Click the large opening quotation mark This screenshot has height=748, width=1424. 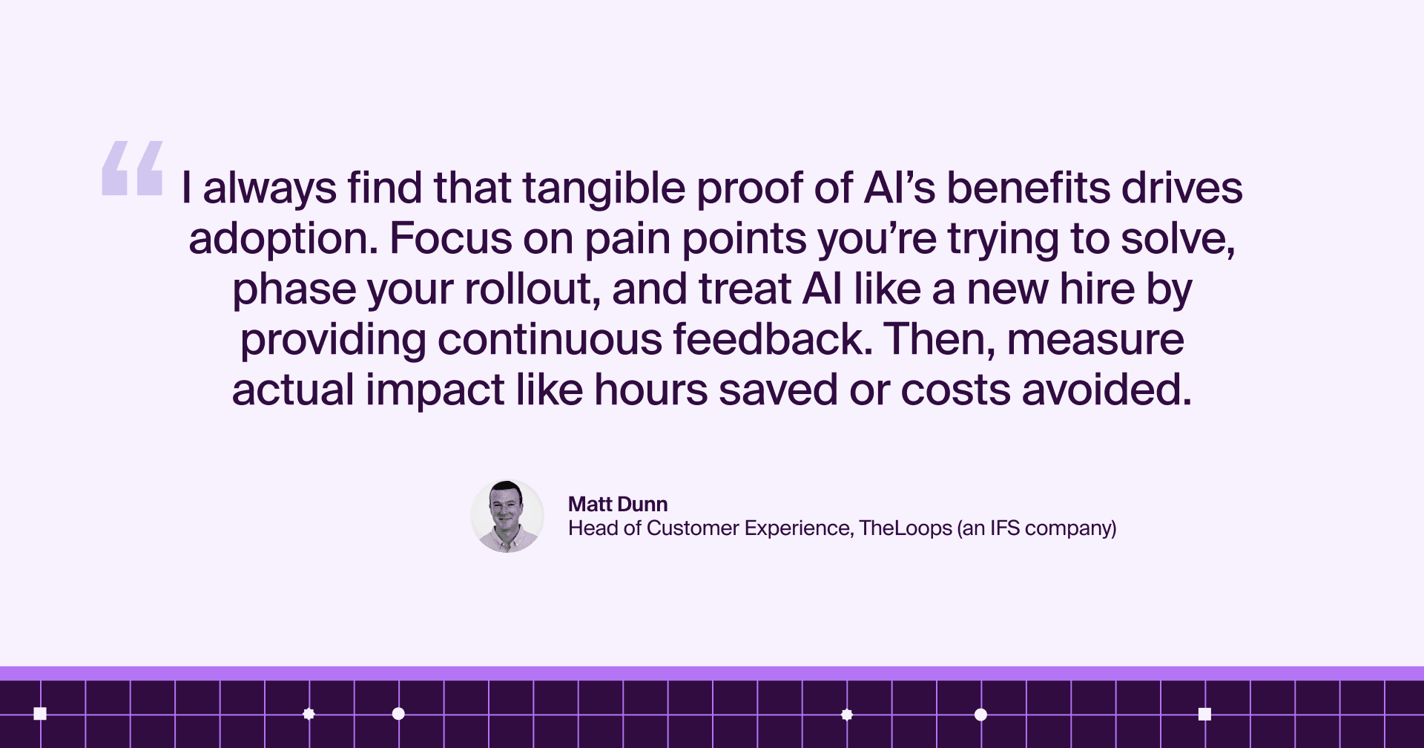tap(132, 168)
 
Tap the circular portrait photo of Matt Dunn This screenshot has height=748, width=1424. tap(507, 516)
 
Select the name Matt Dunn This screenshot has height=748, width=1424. tap(618, 504)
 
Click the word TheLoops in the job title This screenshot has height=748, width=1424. tap(906, 528)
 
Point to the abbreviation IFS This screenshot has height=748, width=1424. tap(1005, 528)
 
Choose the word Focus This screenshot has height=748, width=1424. tap(451, 239)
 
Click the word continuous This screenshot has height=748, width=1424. tap(550, 340)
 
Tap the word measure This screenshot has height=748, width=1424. tap(1095, 341)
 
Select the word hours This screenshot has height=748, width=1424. tap(651, 390)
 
